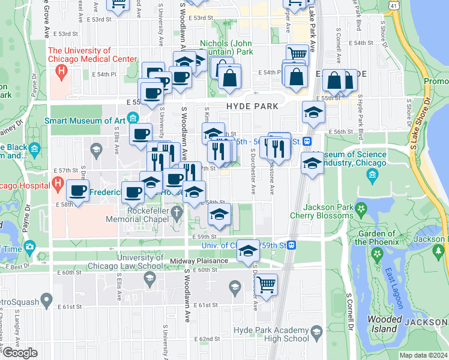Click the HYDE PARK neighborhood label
[x=252, y=106]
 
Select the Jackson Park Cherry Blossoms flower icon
[x=361, y=209]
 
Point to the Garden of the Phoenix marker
[x=377, y=254]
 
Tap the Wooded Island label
[x=384, y=324]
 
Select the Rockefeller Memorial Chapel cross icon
[x=176, y=211]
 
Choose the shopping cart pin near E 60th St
[x=266, y=284]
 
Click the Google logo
[x=20, y=353]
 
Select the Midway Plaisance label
[x=199, y=261]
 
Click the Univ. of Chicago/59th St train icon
[x=292, y=245]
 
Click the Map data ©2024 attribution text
[x=423, y=355]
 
